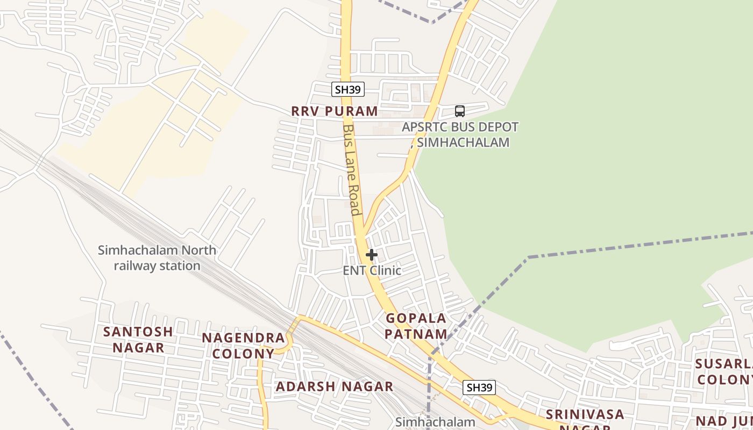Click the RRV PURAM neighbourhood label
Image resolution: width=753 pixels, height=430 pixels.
pos(335,111)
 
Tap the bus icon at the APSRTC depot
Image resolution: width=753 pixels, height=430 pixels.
pos(459,111)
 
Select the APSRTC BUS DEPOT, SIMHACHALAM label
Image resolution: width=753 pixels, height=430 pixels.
pos(460,134)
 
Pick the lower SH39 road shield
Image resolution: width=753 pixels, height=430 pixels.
pos(479,388)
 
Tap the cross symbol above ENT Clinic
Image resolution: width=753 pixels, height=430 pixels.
pos(371,255)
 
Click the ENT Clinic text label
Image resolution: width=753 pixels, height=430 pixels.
pos(372,270)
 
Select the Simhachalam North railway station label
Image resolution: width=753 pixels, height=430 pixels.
pos(157,258)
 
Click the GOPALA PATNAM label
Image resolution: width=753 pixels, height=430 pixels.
pos(416,326)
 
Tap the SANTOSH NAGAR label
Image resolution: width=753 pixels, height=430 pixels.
pos(138,339)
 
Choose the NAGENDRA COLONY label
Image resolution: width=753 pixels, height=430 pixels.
pos(243,346)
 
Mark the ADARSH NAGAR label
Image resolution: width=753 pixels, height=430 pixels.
pos(335,386)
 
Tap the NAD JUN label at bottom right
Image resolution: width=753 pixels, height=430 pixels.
pos(724,421)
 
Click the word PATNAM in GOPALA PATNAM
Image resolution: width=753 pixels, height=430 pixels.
pos(416,334)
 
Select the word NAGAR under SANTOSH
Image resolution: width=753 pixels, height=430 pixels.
pos(138,348)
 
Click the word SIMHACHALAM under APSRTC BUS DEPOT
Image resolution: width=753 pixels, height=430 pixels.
pos(463,142)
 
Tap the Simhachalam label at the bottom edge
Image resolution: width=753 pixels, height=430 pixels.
pos(435,422)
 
